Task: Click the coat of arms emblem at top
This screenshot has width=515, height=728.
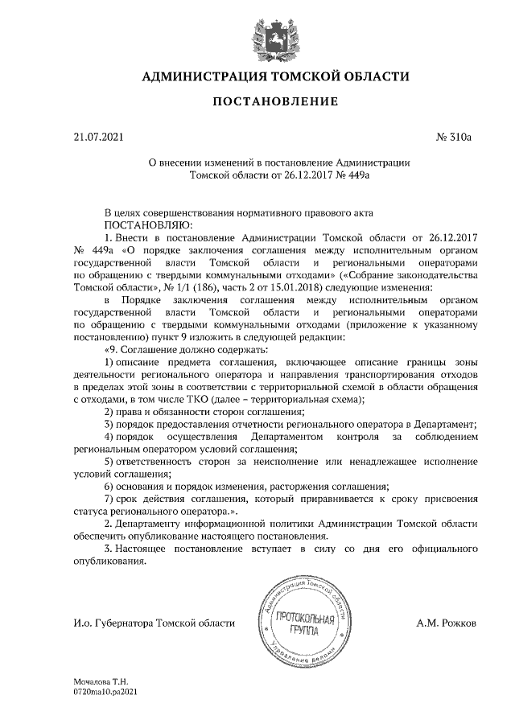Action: click(257, 32)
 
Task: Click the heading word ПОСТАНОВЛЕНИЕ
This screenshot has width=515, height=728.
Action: click(257, 102)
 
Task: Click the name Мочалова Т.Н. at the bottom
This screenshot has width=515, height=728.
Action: click(101, 681)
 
